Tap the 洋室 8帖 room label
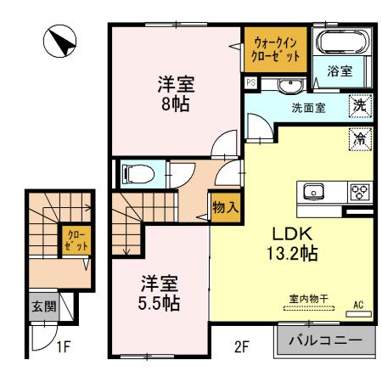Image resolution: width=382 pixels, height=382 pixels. click(175, 94)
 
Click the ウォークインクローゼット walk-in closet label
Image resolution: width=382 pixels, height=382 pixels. click(275, 48)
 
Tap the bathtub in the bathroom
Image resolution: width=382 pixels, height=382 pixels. click(339, 42)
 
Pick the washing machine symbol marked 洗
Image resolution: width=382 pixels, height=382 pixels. click(360, 107)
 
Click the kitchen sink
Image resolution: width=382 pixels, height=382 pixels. click(311, 192)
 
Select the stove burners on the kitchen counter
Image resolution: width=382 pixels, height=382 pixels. click(360, 191)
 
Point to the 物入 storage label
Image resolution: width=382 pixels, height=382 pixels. click(224, 206)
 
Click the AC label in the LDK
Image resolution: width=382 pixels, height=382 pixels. click(357, 304)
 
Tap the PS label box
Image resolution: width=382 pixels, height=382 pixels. click(251, 83)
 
